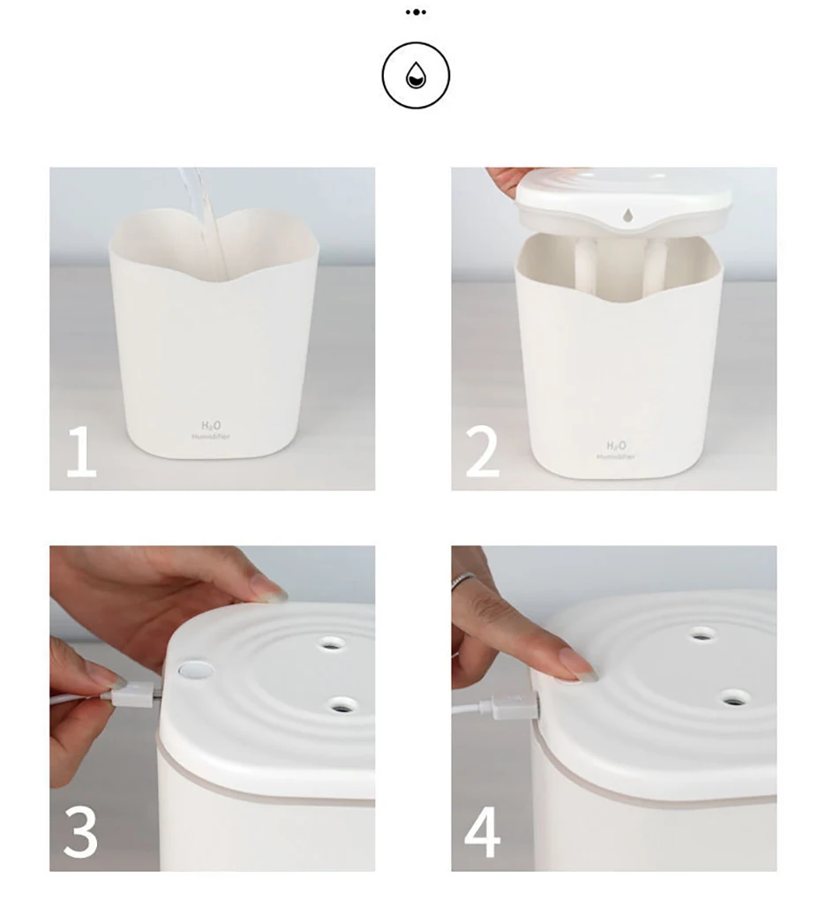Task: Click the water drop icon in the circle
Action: pos(416,77)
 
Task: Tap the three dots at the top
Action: pos(416,12)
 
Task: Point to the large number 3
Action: pos(81,833)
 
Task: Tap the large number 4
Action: pos(483,833)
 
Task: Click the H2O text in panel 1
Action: pos(210,426)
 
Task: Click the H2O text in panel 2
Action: pos(616,446)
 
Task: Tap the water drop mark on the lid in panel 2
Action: pos(627,214)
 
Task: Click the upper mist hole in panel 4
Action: pos(702,634)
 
